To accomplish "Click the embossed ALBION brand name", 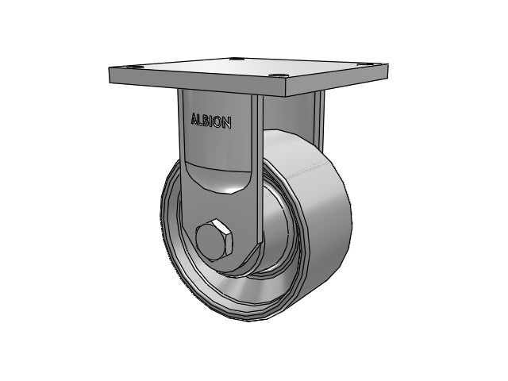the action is click(x=211, y=121).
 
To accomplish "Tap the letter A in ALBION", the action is click(x=194, y=118).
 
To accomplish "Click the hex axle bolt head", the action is click(x=214, y=240).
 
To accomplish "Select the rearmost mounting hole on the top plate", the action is click(x=236, y=60).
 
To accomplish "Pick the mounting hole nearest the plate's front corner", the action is click(x=279, y=76).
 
